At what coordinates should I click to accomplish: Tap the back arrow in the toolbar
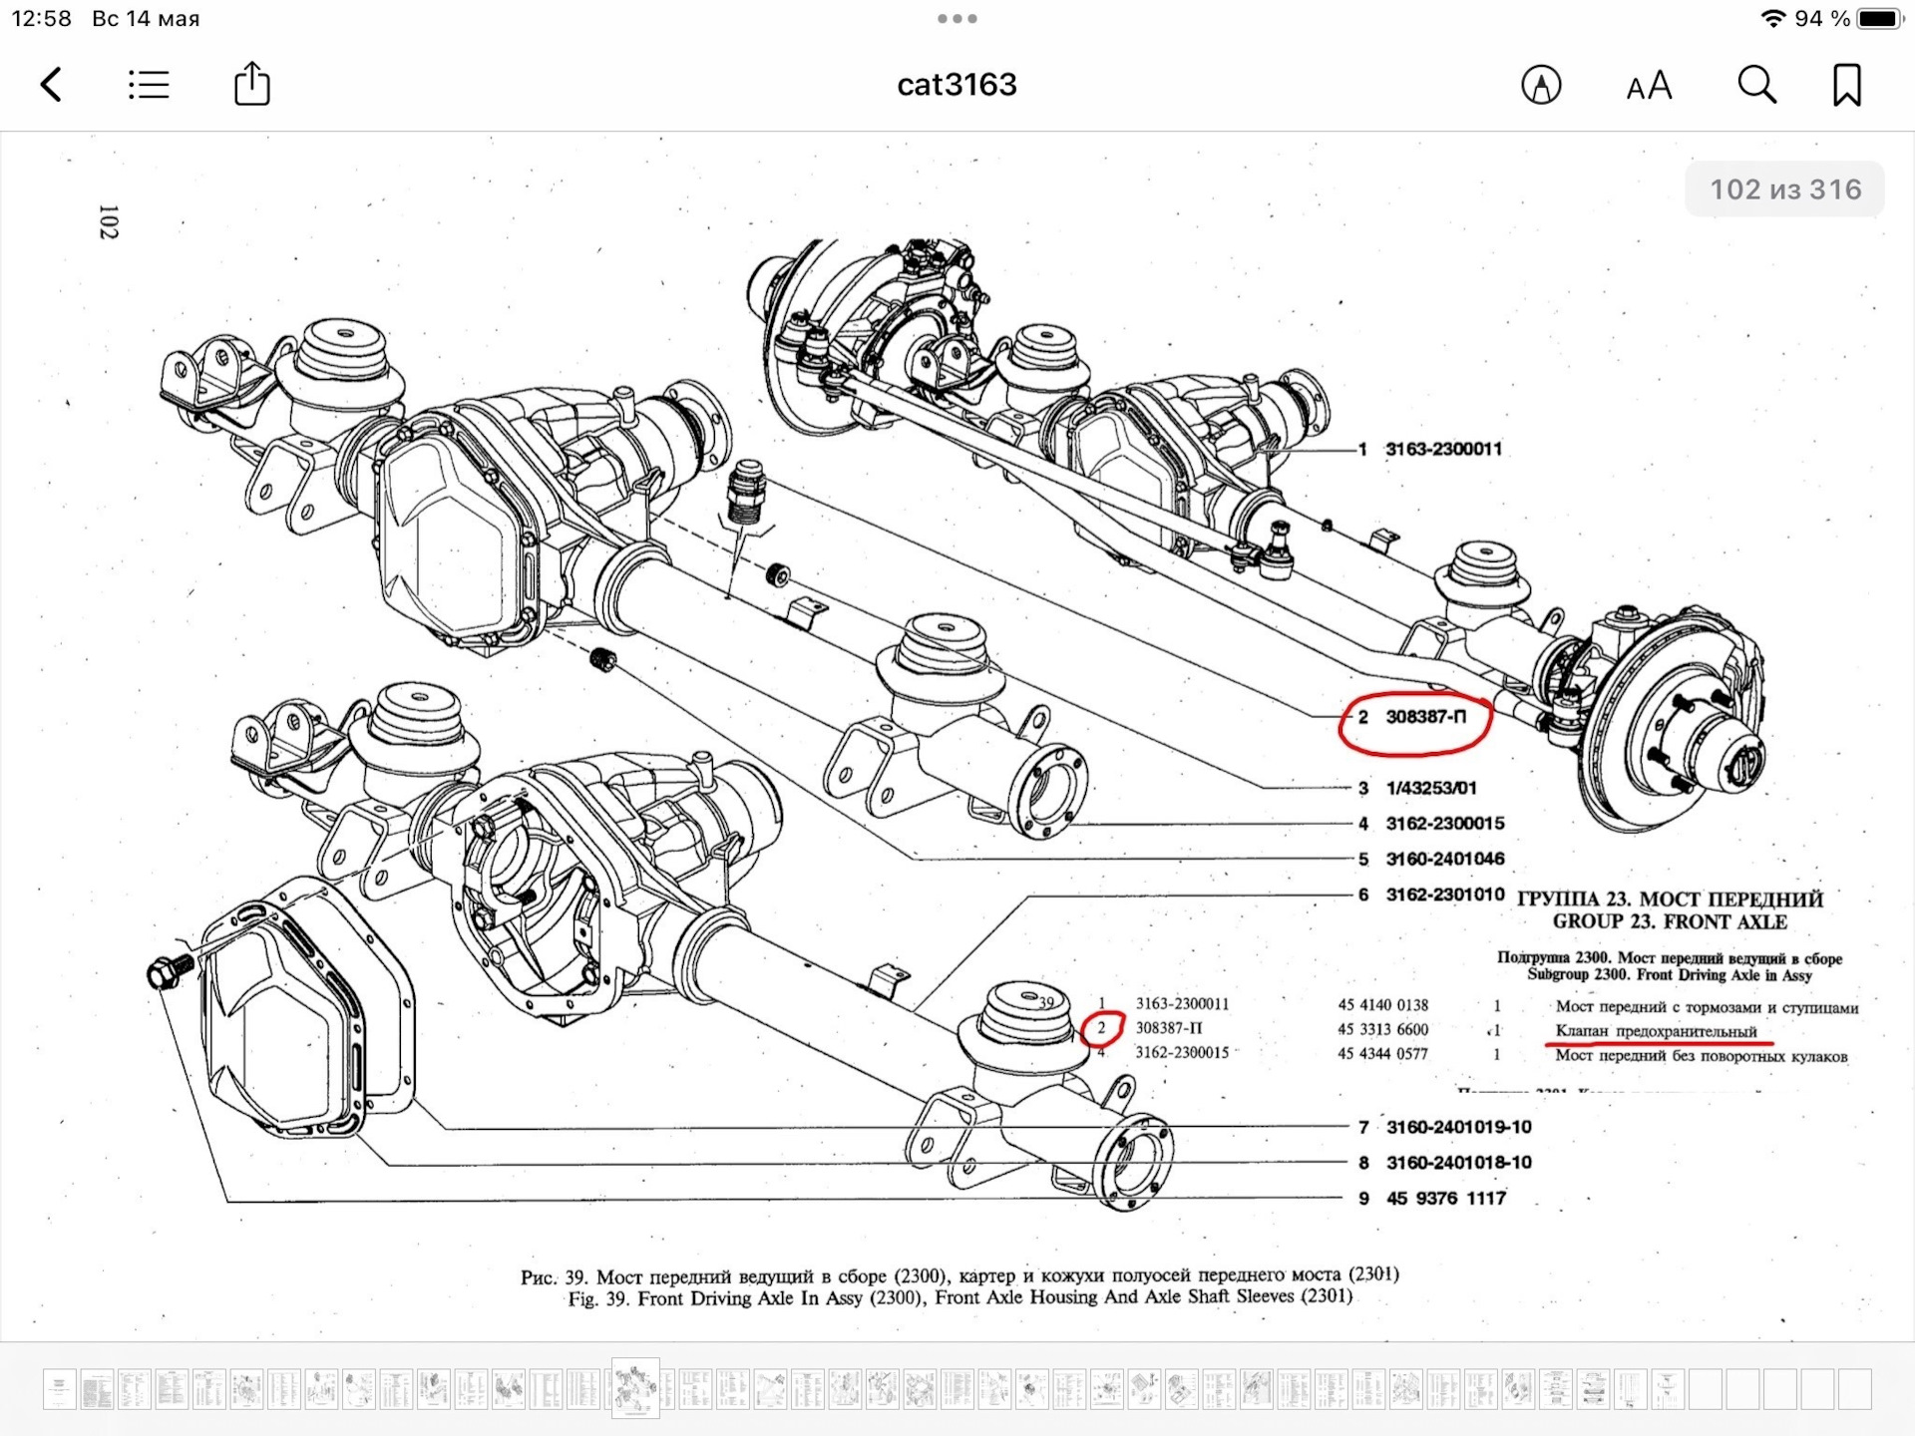pos(52,85)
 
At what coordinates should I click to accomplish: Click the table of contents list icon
pos(149,85)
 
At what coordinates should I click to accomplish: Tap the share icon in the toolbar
pos(251,84)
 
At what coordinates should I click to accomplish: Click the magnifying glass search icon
pos(1756,86)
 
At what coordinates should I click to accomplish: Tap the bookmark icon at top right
pos(1846,85)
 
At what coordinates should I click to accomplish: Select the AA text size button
pos(1649,87)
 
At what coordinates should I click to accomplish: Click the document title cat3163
pos(957,85)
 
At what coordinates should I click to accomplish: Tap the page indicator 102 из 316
pos(1785,189)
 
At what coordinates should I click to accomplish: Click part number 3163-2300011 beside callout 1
pos(1443,449)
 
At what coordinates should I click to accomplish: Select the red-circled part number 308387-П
pos(1425,717)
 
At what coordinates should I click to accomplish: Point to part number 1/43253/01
pos(1430,788)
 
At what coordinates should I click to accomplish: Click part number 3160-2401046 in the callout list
pos(1444,859)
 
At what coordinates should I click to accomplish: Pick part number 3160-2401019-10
pos(1458,1127)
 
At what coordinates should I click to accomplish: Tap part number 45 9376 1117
pos(1445,1198)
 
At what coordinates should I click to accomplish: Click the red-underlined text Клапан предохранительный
pos(1656,1031)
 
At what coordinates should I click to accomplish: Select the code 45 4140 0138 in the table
pos(1382,1005)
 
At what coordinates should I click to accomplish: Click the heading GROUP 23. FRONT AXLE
pos(1669,921)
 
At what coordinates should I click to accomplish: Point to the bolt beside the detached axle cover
pos(164,971)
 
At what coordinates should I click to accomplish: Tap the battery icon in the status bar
pos(1879,19)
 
